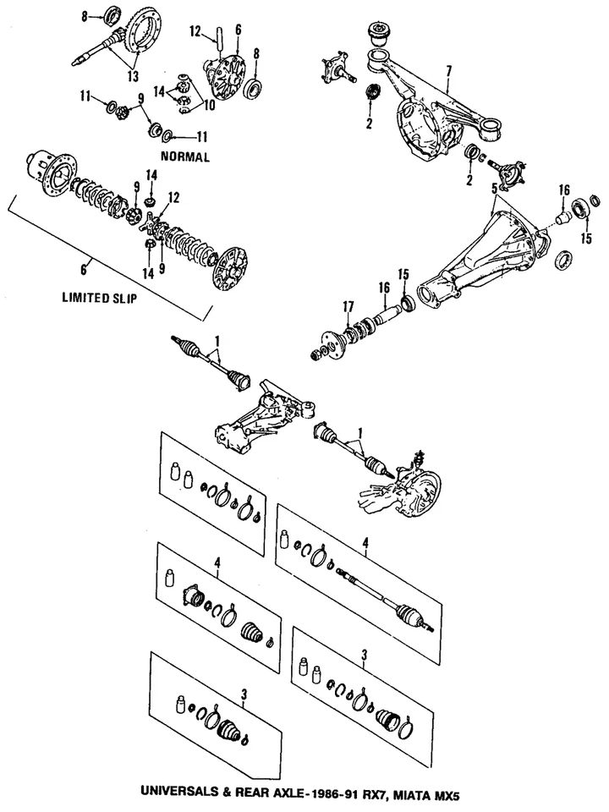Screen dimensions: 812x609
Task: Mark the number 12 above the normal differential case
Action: (x=195, y=32)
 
